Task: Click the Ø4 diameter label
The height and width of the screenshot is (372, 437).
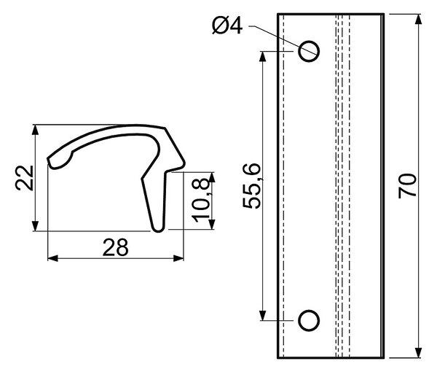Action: pos(227,26)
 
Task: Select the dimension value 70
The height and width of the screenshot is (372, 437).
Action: pos(407,186)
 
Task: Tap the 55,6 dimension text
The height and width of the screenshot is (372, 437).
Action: pos(252,186)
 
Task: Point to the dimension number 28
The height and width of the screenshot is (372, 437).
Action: pos(115,247)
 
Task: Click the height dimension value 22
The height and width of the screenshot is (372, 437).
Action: pos(25,178)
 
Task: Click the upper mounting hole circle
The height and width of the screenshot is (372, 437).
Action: pos(309,51)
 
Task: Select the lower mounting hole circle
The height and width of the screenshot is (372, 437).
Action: pos(309,320)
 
